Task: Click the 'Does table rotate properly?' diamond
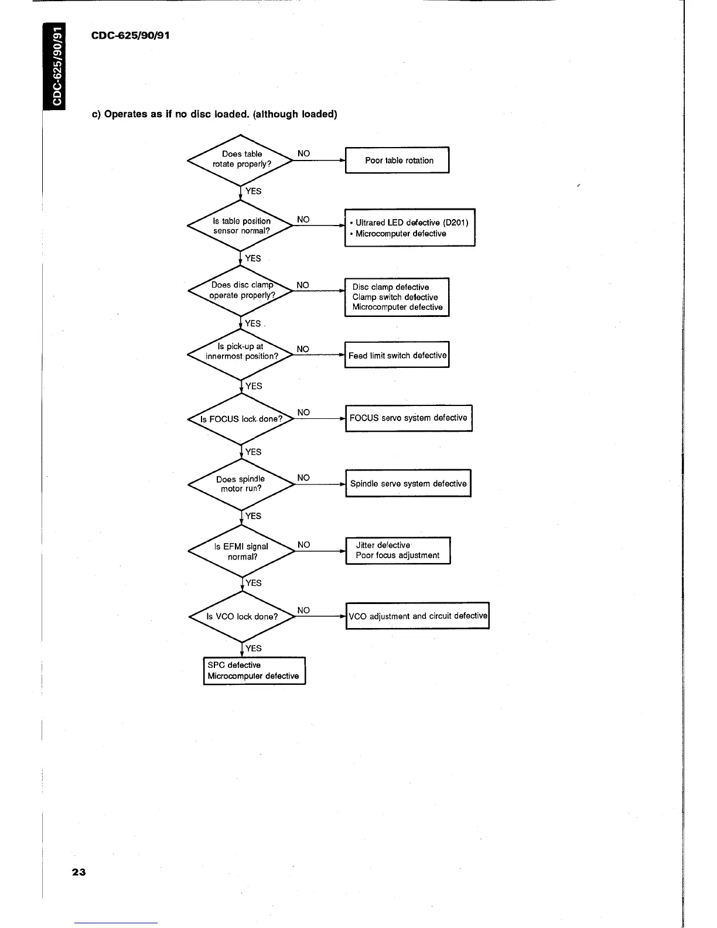click(x=241, y=159)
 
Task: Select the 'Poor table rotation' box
click(x=398, y=161)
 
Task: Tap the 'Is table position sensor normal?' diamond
click(x=241, y=226)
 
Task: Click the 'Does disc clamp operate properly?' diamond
click(x=241, y=291)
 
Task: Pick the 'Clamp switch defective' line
click(x=395, y=297)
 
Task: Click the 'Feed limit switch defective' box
click(x=397, y=355)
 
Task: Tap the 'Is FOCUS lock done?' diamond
click(x=241, y=419)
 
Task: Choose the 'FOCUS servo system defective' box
click(x=408, y=418)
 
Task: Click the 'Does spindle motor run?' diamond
click(x=241, y=485)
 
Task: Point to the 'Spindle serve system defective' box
click(x=408, y=484)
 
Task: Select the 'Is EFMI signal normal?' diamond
click(x=241, y=551)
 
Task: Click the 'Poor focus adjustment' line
click(x=397, y=555)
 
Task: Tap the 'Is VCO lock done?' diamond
click(x=241, y=616)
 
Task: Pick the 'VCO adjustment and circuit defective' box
click(x=418, y=616)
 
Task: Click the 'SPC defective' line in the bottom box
click(x=234, y=665)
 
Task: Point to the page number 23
click(x=78, y=872)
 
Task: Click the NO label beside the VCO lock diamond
click(x=303, y=610)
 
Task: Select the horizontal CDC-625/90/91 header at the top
click(x=131, y=35)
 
